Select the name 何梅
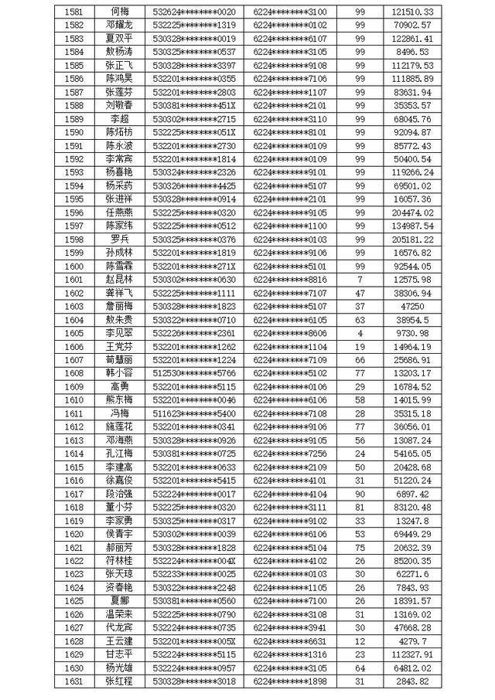tap(119, 12)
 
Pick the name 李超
tap(119, 119)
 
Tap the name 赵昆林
tap(119, 279)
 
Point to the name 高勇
tap(119, 386)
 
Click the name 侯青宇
tap(119, 533)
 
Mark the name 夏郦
tap(119, 600)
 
